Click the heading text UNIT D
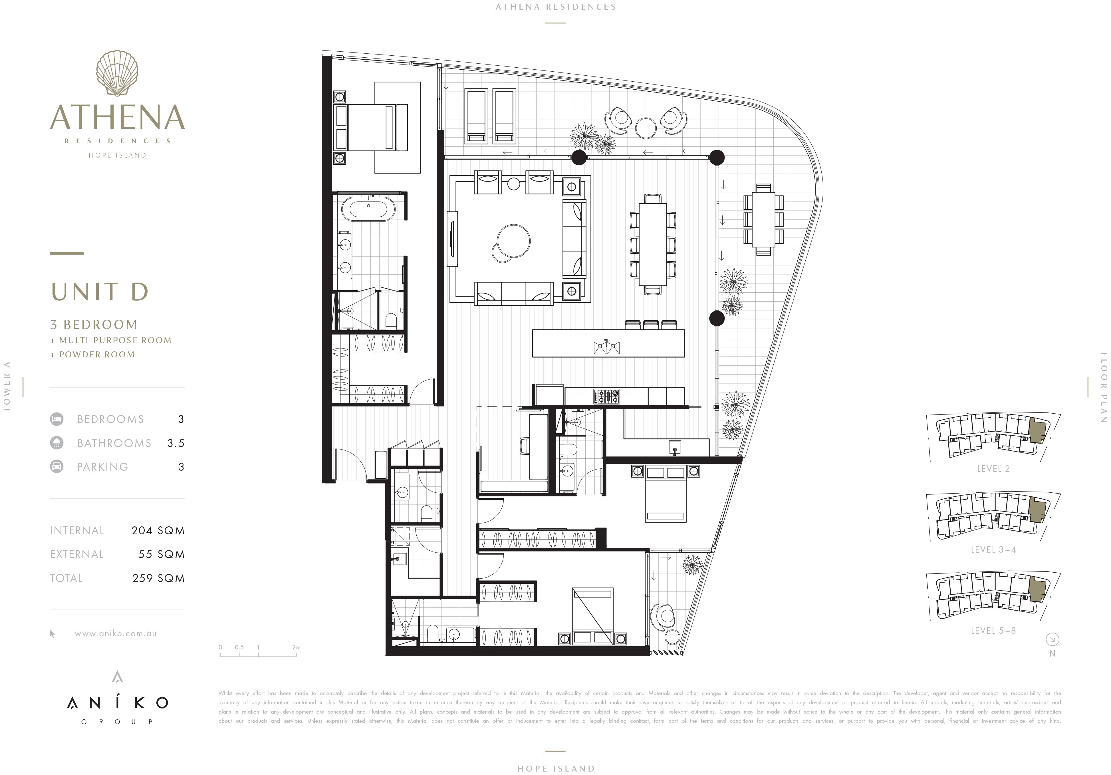(100, 291)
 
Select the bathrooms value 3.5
(176, 443)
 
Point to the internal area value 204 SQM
(158, 531)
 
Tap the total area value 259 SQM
(158, 578)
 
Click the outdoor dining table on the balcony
(764, 219)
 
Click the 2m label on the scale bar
(296, 647)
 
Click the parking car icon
(57, 467)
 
